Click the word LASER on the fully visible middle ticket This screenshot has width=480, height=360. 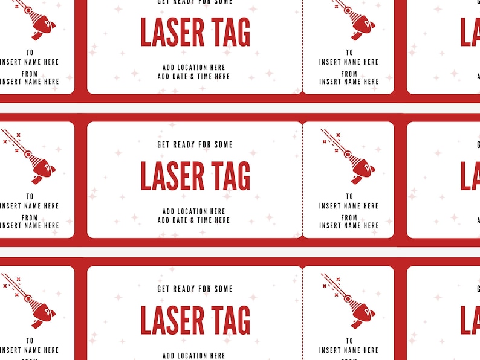172,176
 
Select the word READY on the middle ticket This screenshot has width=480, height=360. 185,145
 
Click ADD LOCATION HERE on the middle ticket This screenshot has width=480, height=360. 194,211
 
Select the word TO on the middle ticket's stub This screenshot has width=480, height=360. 349,196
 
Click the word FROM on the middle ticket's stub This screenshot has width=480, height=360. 349,217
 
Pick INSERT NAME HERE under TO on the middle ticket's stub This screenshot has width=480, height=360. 349,206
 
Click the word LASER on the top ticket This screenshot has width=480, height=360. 172,32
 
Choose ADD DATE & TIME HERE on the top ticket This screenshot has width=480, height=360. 194,77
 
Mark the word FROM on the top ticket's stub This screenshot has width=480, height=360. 349,74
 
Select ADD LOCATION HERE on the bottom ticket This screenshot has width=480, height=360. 194,356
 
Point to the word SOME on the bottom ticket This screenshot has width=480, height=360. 222,289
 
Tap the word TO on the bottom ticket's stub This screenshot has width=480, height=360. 349,341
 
